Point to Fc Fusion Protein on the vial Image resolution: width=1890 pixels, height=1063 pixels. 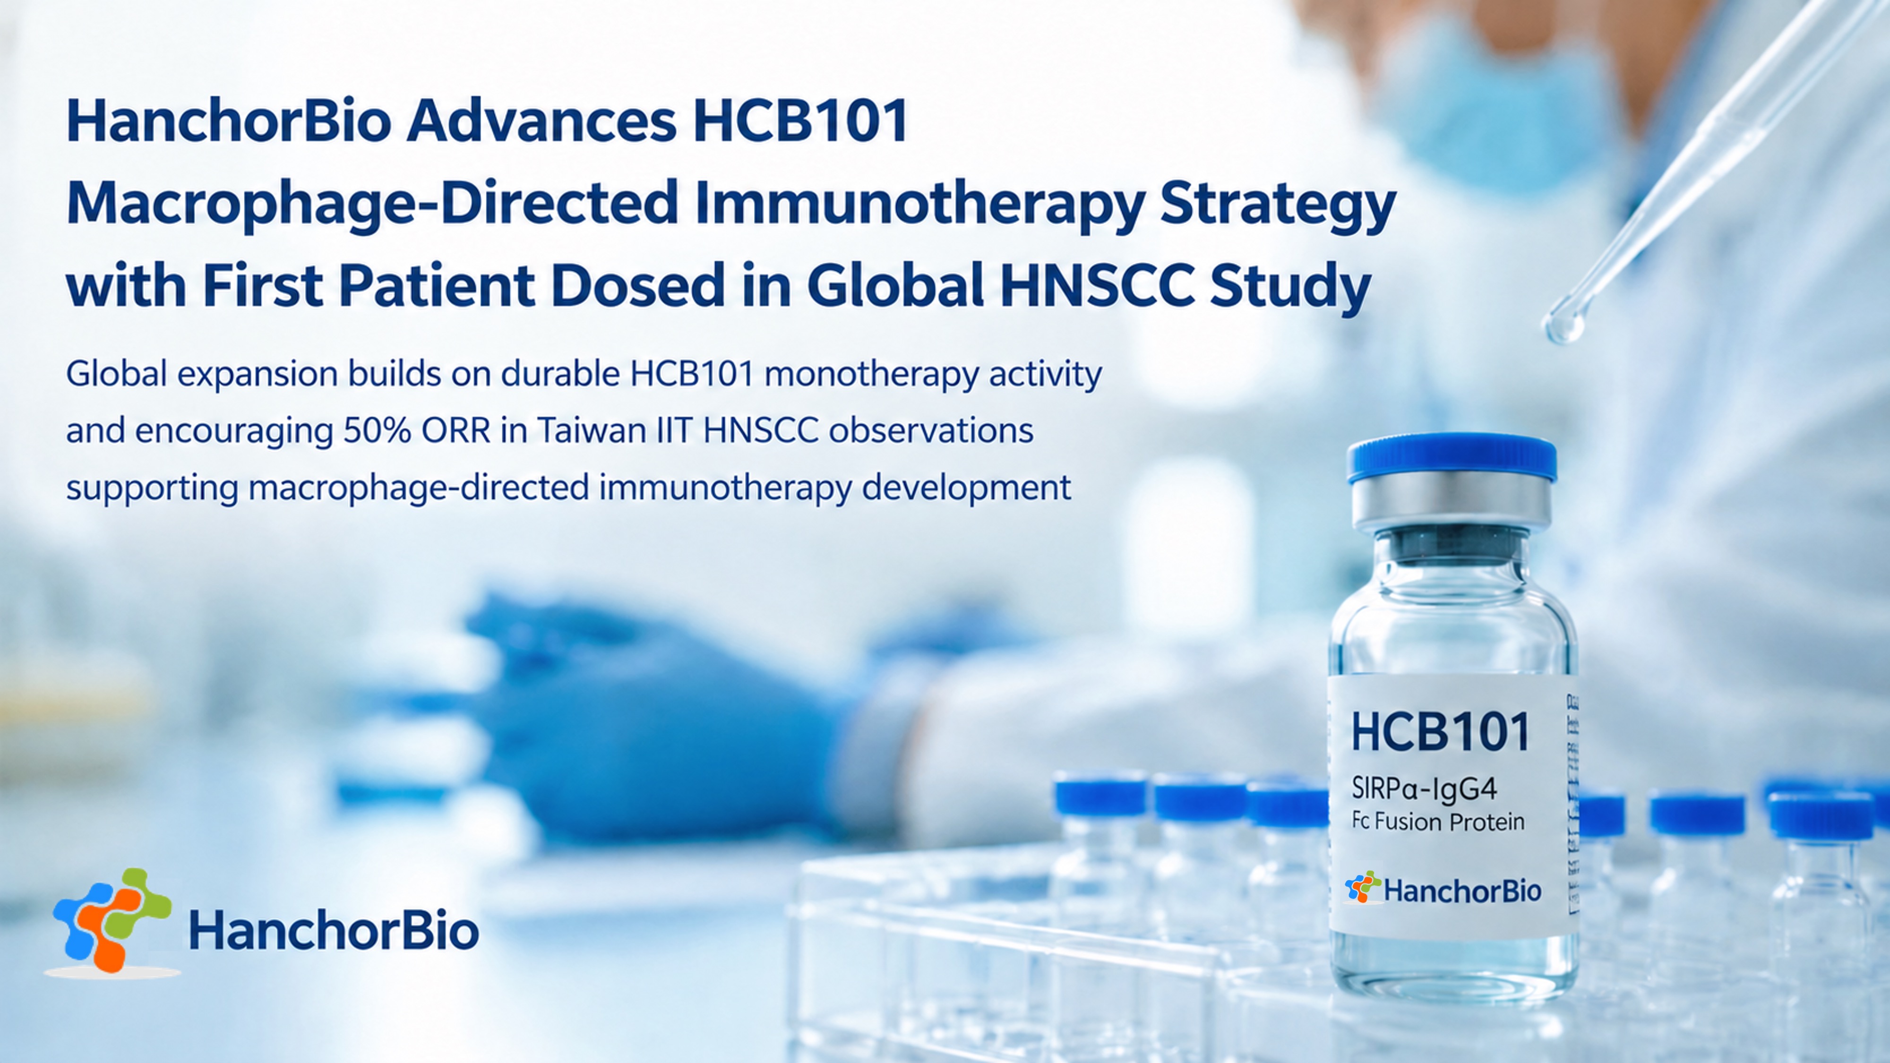(1438, 822)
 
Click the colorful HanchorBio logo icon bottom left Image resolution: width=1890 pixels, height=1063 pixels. (113, 921)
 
